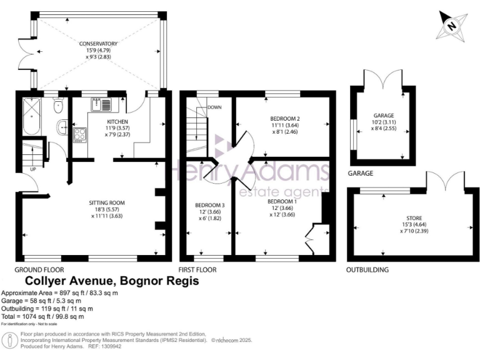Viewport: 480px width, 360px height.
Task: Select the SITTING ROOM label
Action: coord(109,202)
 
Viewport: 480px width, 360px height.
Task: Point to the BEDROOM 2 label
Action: coord(285,118)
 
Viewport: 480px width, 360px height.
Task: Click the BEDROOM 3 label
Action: coord(207,205)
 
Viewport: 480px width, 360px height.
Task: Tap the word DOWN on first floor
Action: coord(215,107)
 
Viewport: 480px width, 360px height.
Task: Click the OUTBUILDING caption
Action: coord(367,269)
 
